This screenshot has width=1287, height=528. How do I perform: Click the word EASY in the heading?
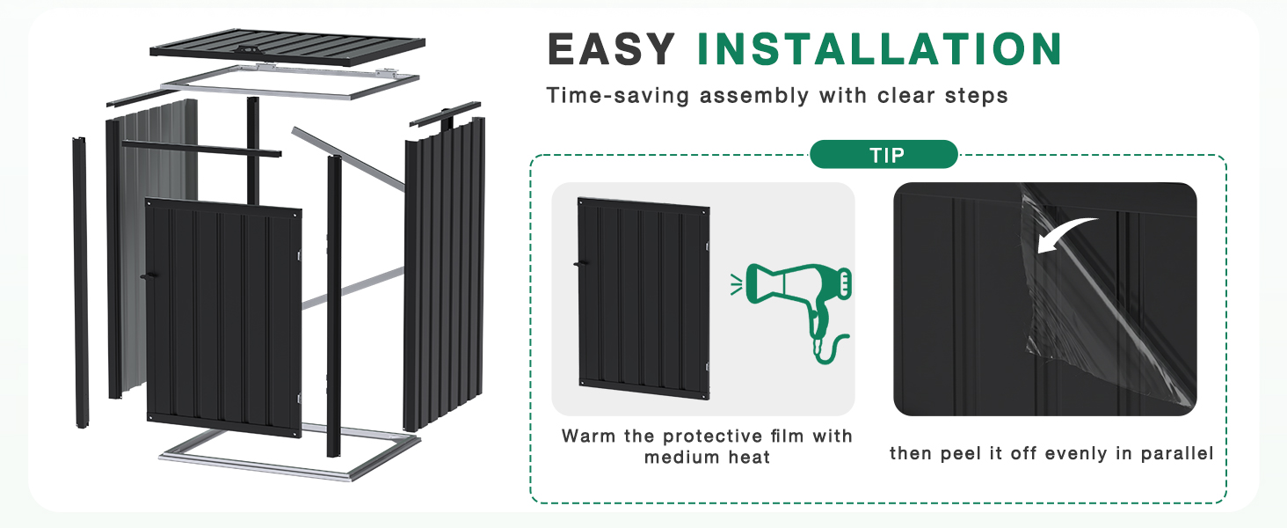tap(611, 49)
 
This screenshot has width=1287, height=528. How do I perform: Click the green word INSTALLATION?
tap(880, 49)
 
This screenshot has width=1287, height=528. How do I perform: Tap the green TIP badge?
tap(883, 155)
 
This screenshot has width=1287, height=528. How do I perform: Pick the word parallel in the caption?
tap(1177, 453)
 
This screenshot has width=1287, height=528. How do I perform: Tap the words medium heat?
tap(707, 458)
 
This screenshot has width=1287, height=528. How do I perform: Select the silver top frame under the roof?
tap(290, 82)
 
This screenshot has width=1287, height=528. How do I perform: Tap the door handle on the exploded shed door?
tap(149, 276)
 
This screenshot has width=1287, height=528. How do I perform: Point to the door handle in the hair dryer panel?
tap(581, 263)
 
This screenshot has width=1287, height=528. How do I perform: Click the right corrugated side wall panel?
tap(445, 273)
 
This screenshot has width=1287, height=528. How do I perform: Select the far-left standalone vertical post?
tap(81, 282)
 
